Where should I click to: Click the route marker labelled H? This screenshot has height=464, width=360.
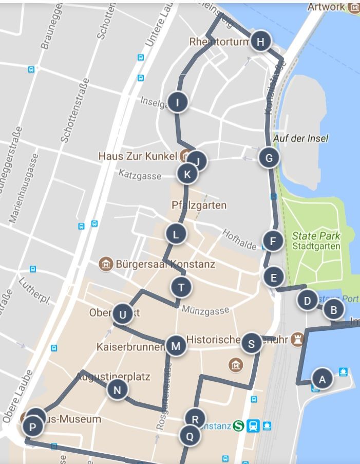(261, 42)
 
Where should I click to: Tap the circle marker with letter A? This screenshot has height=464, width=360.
(323, 380)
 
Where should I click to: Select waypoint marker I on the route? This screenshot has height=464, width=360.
(178, 102)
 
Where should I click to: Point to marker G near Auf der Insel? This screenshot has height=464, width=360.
(269, 157)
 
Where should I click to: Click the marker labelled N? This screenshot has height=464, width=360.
(117, 390)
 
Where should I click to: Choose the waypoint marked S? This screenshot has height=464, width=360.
(251, 344)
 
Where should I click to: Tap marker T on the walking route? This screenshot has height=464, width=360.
(181, 287)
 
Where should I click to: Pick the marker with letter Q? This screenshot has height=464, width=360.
(190, 436)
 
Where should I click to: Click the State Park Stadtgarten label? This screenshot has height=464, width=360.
(316, 241)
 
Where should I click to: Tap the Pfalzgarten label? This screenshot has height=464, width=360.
(199, 205)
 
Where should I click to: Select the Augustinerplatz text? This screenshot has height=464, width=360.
(113, 377)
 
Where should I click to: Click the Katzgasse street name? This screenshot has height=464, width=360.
(140, 175)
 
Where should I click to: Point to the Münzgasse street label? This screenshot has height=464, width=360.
(205, 310)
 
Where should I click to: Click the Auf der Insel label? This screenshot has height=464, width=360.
(300, 138)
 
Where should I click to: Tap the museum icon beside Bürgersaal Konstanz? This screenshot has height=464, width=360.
(106, 264)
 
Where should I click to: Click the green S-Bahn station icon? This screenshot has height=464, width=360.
(238, 426)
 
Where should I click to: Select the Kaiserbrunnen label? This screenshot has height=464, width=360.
(130, 347)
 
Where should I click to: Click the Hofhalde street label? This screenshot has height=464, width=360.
(239, 239)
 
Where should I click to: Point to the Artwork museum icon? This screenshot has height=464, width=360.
(354, 7)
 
